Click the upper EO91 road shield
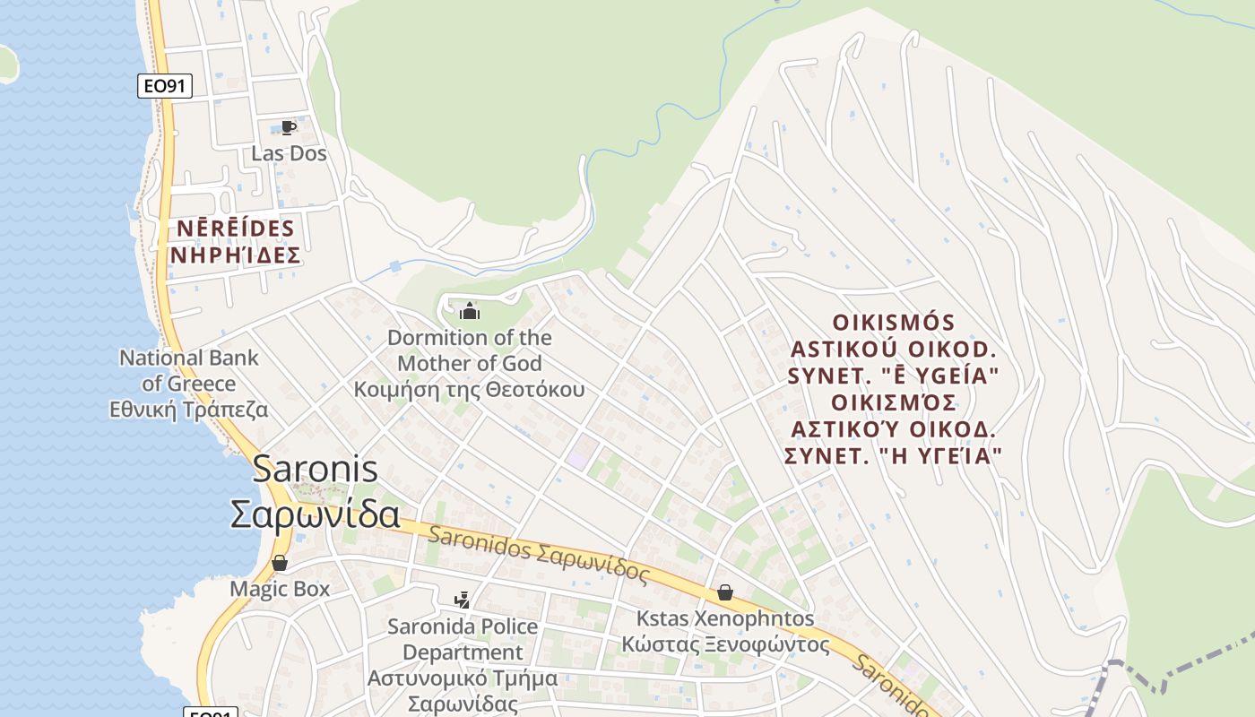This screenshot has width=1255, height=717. (x=165, y=86)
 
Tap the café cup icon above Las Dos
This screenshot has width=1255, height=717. (x=288, y=127)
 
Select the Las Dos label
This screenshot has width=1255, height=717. (x=289, y=153)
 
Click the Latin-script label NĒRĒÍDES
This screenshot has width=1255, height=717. (x=235, y=229)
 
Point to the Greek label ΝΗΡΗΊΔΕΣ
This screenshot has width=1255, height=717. (x=235, y=256)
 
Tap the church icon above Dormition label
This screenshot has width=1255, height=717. (x=469, y=312)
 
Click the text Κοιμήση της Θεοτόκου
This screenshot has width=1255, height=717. (x=469, y=389)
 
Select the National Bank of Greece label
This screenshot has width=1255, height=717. (x=189, y=370)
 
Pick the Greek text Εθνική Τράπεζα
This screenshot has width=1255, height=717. (x=189, y=410)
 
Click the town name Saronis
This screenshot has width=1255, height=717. (x=315, y=469)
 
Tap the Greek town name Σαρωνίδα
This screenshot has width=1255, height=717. (x=315, y=514)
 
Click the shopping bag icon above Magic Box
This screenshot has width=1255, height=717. (x=280, y=563)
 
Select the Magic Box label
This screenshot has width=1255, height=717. (x=280, y=589)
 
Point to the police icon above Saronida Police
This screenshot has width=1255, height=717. (x=462, y=600)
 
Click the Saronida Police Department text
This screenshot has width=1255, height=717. (x=463, y=639)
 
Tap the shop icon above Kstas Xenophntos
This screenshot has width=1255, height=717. (x=724, y=592)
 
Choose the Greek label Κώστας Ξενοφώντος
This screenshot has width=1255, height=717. (x=726, y=644)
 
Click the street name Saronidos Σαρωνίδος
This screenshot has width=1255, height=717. (x=538, y=555)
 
